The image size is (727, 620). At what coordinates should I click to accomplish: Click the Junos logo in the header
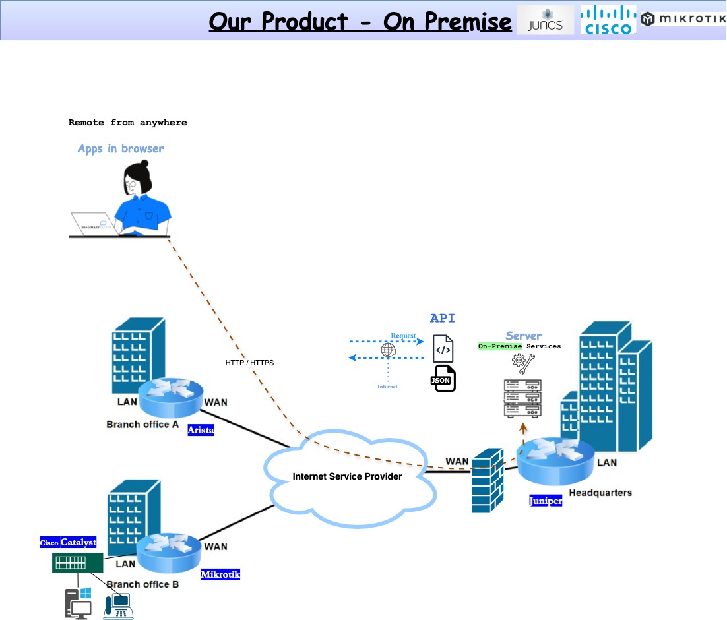point(545,20)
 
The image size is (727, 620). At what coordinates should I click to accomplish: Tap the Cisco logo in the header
point(608,20)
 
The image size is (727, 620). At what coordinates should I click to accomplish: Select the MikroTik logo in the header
point(683,19)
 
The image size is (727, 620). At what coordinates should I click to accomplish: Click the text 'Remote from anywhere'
point(128,123)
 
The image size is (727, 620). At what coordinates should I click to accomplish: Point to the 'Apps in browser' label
point(121,149)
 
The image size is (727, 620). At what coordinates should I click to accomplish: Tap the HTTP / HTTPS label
point(249,363)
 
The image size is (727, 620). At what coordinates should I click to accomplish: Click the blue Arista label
point(201,430)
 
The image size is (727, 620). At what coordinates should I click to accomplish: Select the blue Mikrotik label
point(220,574)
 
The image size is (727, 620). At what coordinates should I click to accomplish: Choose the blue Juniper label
point(546,501)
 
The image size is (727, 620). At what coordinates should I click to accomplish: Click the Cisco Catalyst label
point(68,543)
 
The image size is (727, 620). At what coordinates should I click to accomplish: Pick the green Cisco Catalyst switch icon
point(78,563)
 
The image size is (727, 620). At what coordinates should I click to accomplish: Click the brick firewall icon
point(489,481)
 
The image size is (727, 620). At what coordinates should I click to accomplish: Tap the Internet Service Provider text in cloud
point(347,476)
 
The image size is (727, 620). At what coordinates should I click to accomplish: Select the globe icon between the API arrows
point(388,350)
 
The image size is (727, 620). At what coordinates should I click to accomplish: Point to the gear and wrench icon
point(524,363)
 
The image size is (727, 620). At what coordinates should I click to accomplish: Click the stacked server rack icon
point(522,398)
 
